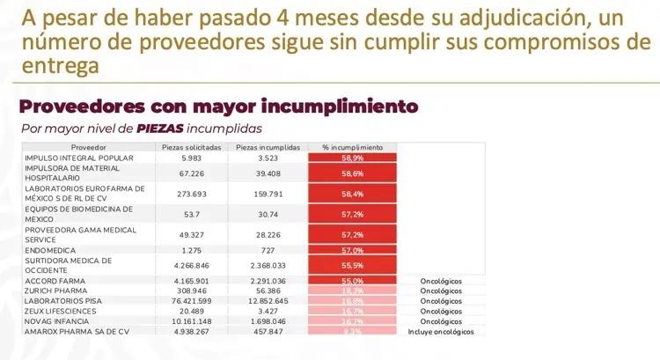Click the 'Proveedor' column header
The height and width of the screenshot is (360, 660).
click(89, 147)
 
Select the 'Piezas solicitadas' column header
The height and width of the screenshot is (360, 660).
click(198, 147)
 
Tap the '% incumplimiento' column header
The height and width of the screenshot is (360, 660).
click(352, 147)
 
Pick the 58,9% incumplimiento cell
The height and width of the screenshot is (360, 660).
click(352, 158)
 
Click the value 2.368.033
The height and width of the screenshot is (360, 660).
click(271, 265)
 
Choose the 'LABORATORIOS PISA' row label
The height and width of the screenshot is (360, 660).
click(60, 300)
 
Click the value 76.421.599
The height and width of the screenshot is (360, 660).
click(198, 300)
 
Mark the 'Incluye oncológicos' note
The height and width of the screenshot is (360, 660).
click(441, 332)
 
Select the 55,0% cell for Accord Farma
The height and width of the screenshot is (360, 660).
click(352, 280)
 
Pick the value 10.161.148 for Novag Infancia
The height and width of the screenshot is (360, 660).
click(198, 321)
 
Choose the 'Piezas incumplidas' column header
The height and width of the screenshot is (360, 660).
click(271, 147)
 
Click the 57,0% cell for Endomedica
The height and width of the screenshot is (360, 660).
click(352, 251)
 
